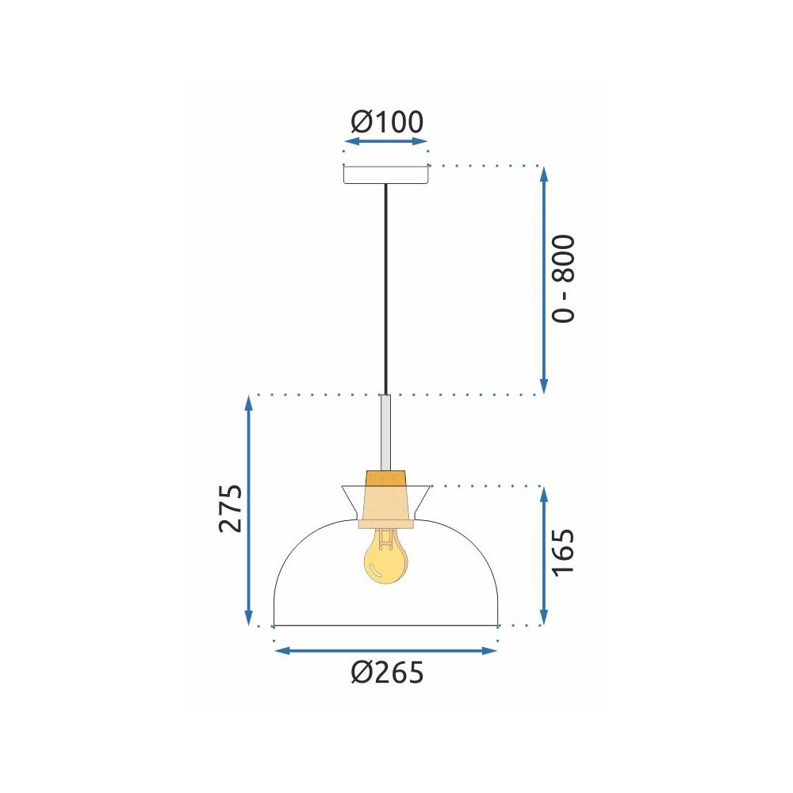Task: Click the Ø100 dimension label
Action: click(386, 122)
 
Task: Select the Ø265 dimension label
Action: click(386, 673)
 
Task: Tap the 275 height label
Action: click(230, 508)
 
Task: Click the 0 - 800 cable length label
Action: click(562, 278)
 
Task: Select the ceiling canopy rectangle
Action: click(385, 174)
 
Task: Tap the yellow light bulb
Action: click(384, 557)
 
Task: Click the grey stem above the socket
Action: click(385, 432)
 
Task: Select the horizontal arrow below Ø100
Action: click(386, 142)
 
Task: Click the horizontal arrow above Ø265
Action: click(385, 651)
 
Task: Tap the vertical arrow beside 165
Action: click(543, 555)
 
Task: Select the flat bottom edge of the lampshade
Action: click(385, 626)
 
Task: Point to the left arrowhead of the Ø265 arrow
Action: click(280, 651)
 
